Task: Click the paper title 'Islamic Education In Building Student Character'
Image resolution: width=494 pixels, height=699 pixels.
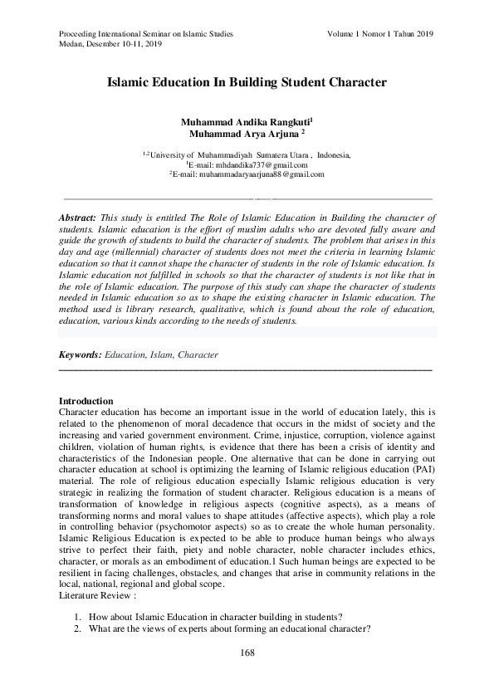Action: click(247, 83)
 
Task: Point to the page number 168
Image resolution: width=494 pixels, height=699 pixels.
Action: click(247, 653)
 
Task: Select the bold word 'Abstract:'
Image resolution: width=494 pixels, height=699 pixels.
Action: click(78, 216)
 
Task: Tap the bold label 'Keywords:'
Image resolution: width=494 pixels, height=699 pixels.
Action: click(81, 354)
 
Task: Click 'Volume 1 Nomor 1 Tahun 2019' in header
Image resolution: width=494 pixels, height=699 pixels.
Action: click(380, 33)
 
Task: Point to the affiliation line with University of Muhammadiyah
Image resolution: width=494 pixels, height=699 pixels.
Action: click(247, 154)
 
